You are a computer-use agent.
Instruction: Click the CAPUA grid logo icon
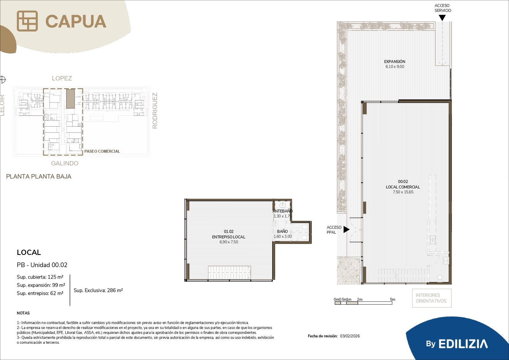(27, 21)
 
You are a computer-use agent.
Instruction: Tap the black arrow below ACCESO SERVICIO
(442, 18)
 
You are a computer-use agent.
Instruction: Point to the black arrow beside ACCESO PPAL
(346, 229)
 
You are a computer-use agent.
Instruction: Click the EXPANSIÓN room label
(395, 61)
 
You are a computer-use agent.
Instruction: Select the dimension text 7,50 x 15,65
(403, 192)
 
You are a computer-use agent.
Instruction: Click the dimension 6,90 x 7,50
(229, 242)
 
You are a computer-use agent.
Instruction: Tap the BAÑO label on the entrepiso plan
(282, 231)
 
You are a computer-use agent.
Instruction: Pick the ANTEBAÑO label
(282, 211)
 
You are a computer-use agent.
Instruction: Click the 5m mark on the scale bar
(393, 299)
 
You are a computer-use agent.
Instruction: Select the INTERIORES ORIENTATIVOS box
(432, 298)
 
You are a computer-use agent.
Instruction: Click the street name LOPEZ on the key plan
(62, 78)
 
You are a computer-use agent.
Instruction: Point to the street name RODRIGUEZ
(155, 110)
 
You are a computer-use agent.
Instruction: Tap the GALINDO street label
(65, 163)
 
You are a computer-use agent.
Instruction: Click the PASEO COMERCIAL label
(102, 151)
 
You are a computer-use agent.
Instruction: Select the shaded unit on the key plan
(70, 99)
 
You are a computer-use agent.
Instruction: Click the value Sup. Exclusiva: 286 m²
(98, 290)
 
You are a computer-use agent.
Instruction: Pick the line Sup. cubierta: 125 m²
(40, 277)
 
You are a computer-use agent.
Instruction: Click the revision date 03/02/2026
(350, 336)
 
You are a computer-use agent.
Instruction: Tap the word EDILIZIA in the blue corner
(463, 344)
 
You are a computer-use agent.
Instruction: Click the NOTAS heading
(23, 313)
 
